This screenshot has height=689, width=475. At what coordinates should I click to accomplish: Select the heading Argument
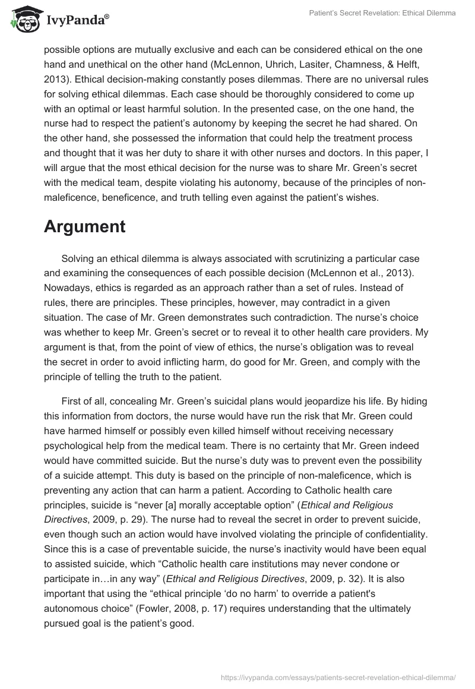tap(84, 226)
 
